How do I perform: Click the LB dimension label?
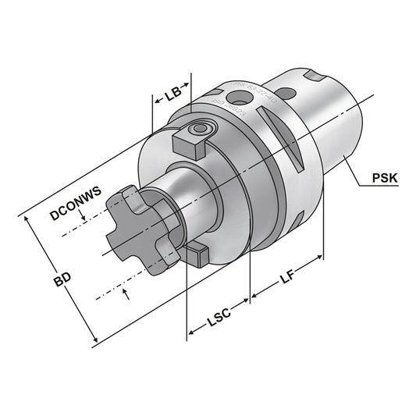point(172,95)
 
